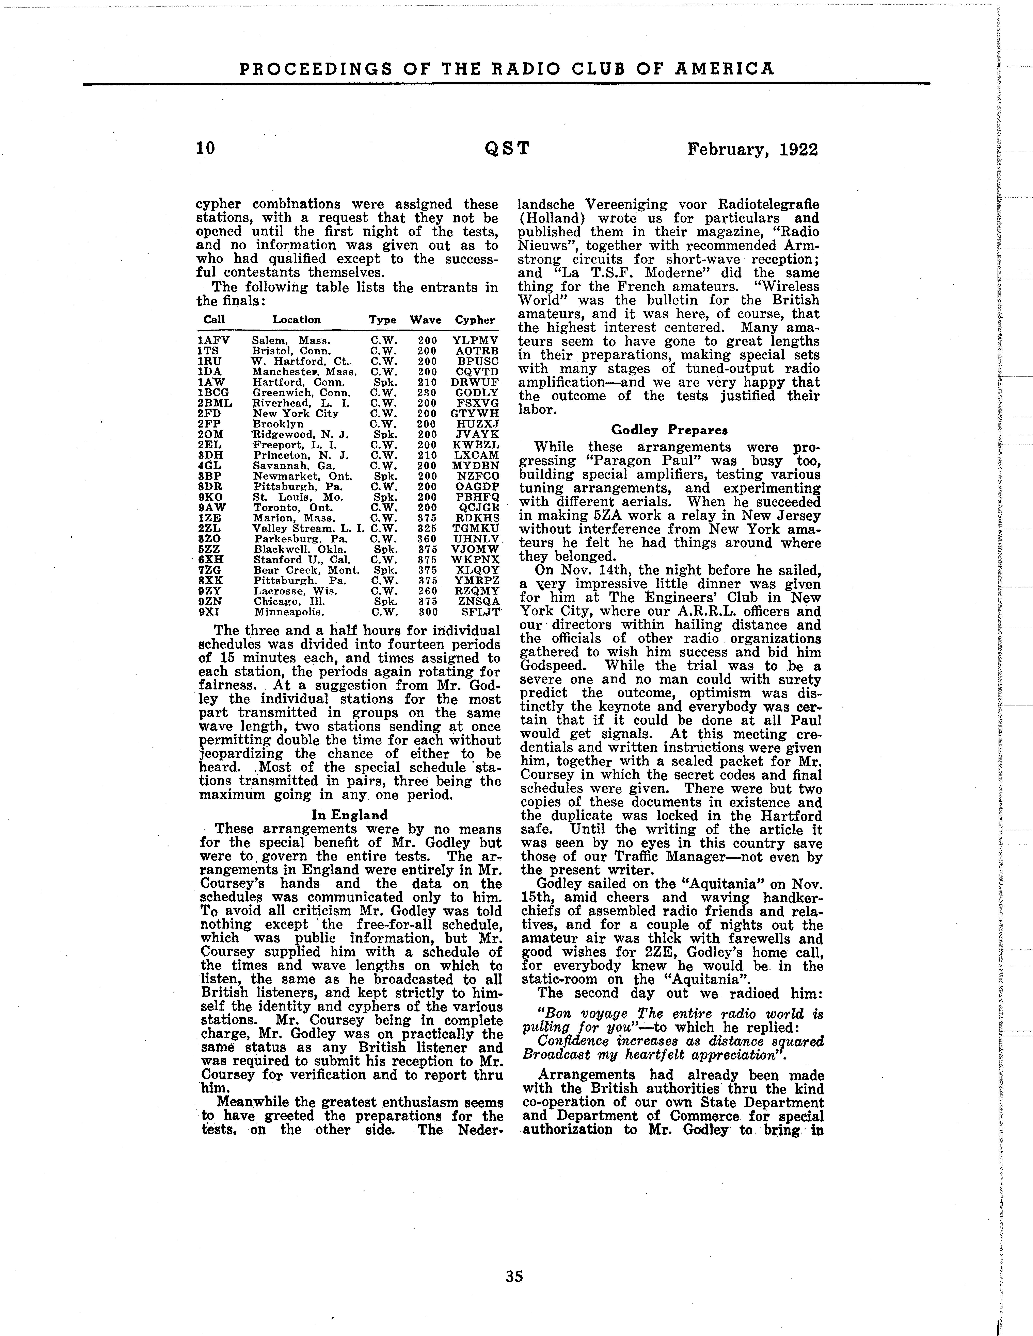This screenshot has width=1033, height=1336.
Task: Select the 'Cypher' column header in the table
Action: click(x=475, y=320)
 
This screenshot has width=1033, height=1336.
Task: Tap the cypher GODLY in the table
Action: click(x=478, y=393)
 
